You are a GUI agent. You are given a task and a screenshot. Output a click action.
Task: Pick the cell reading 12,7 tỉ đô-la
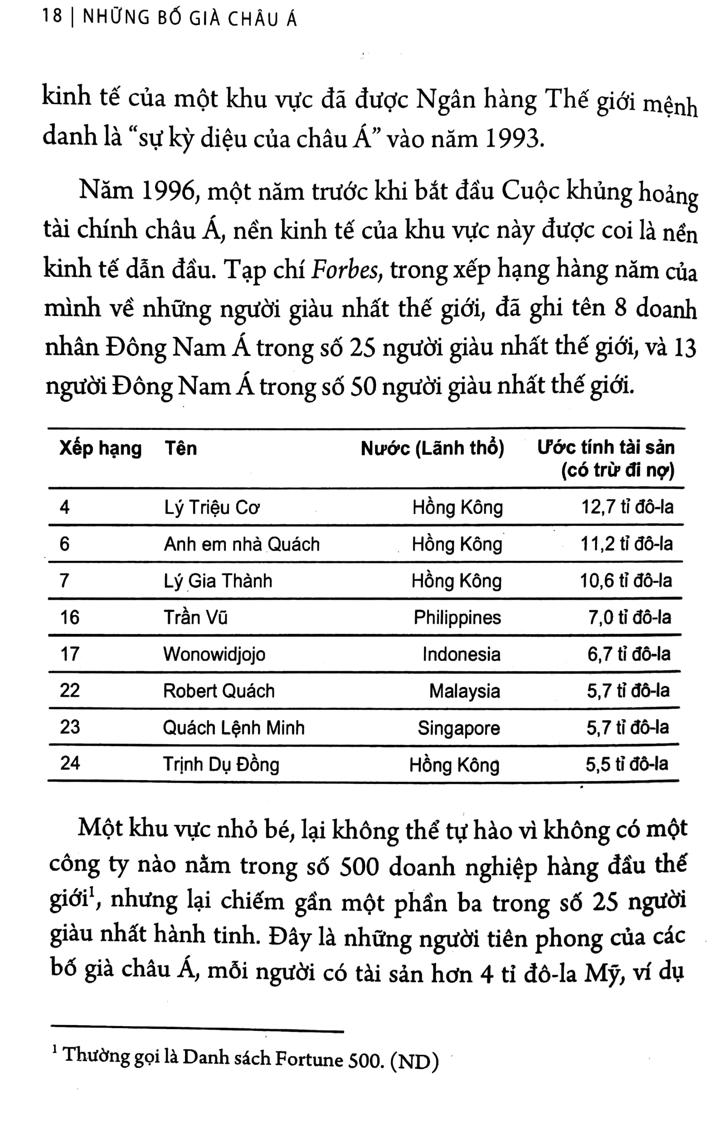627,507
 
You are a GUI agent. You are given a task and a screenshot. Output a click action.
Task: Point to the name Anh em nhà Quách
242,545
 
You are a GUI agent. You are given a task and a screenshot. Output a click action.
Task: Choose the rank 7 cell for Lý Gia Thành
65,581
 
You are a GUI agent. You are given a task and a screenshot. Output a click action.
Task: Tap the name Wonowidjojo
214,654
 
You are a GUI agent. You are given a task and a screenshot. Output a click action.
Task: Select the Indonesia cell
461,654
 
